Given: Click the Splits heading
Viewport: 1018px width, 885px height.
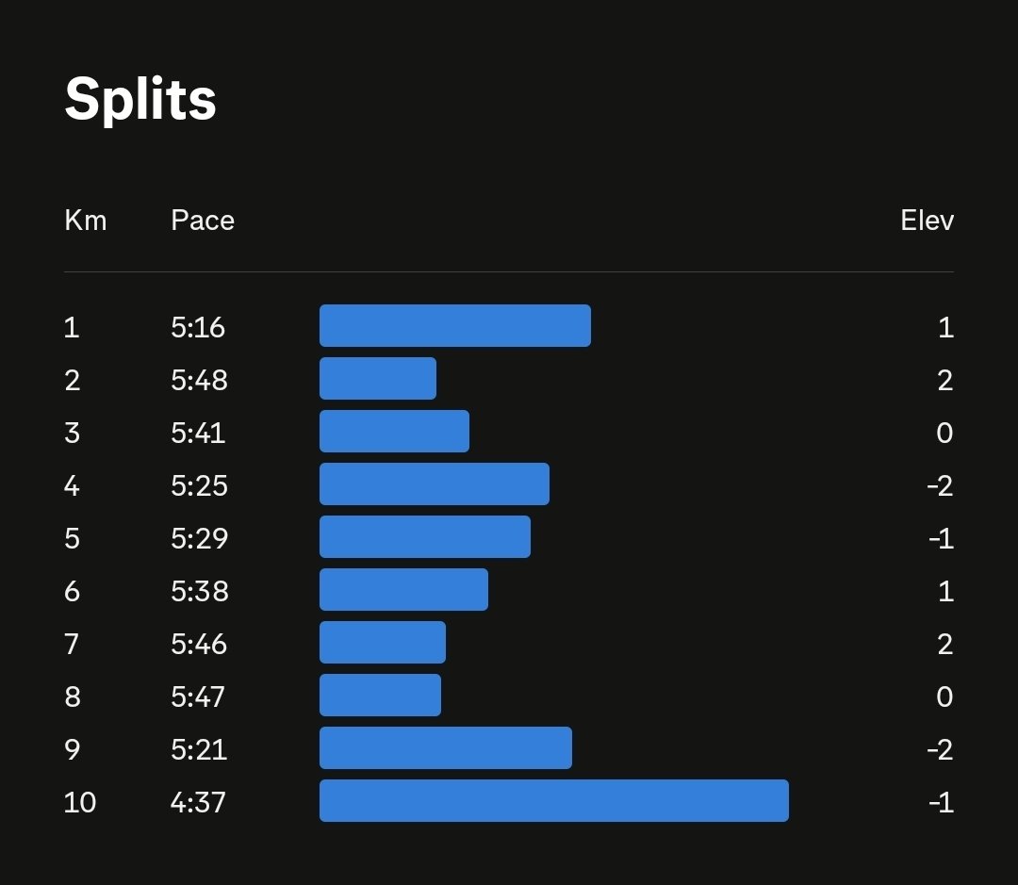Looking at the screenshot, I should pyautogui.click(x=140, y=99).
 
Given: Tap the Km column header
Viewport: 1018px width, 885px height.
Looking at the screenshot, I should pyautogui.click(x=85, y=221).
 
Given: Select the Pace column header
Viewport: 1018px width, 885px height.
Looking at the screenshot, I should pyautogui.click(x=203, y=221).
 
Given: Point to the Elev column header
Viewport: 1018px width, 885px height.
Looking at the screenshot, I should pyautogui.click(x=927, y=221).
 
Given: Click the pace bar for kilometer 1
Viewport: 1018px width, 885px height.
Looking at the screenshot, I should pyautogui.click(x=455, y=326).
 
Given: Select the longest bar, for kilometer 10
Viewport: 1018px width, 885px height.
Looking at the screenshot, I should pyautogui.click(x=554, y=801).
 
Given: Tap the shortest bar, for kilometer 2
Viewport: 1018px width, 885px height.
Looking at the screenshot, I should pyautogui.click(x=378, y=379).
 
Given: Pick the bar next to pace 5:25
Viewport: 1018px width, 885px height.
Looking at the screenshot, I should pyautogui.click(x=435, y=484).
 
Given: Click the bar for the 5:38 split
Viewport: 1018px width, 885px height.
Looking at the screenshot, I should pyautogui.click(x=403, y=590).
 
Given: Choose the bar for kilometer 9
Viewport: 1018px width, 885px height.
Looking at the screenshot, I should pyautogui.click(x=446, y=748).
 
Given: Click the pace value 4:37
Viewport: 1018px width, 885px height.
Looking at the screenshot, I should pyautogui.click(x=199, y=802).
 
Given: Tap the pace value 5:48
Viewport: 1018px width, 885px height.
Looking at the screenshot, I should pyautogui.click(x=199, y=380).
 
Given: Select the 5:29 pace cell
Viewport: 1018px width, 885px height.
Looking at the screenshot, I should pyautogui.click(x=199, y=538).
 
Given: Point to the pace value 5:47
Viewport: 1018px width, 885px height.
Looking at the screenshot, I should pyautogui.click(x=199, y=697).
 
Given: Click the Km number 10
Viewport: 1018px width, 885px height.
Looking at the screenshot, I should pyautogui.click(x=80, y=802).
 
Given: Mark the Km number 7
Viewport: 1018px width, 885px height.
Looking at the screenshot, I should pyautogui.click(x=73, y=644).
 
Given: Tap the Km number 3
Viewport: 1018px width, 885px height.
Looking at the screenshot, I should pyautogui.click(x=73, y=433).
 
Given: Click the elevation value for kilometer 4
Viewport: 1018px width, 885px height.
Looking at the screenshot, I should pyautogui.click(x=940, y=485).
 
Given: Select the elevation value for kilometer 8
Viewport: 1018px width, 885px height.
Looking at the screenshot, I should pyautogui.click(x=945, y=697).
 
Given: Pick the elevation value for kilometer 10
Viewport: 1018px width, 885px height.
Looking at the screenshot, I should pyautogui.click(x=941, y=802).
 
